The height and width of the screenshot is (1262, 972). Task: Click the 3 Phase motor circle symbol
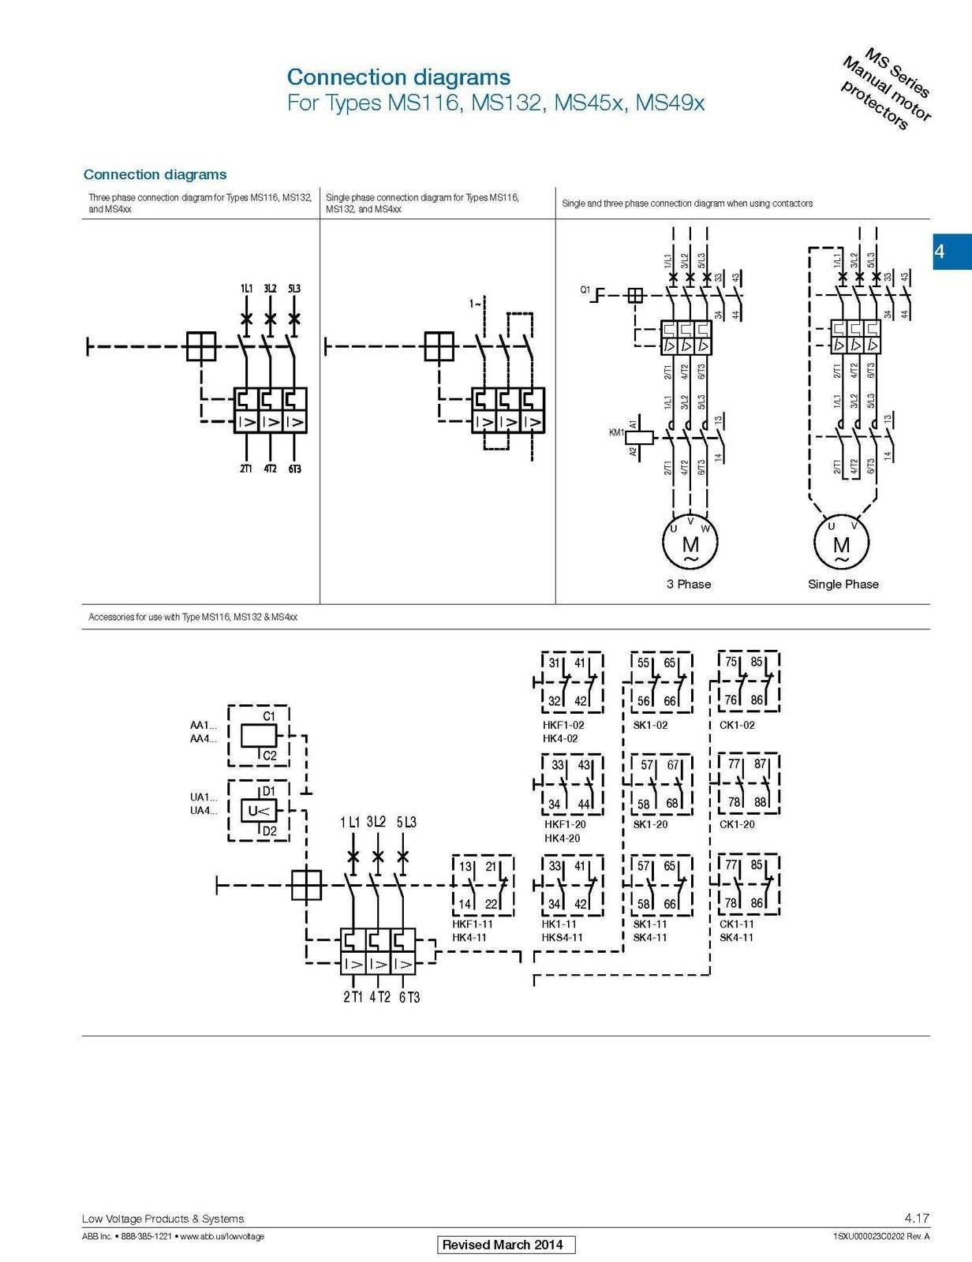tap(690, 543)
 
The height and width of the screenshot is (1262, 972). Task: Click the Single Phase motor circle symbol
tap(842, 543)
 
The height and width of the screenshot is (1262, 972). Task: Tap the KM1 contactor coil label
tap(616, 432)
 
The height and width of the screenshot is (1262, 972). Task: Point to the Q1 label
tap(585, 290)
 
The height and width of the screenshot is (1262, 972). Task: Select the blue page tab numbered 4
tap(951, 252)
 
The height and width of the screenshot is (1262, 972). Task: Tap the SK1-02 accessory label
tap(650, 725)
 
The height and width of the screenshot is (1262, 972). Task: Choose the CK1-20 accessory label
tap(737, 824)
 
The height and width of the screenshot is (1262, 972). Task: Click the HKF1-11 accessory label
tap(473, 924)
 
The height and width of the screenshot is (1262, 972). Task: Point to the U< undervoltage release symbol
tap(258, 811)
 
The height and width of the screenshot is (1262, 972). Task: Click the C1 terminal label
tap(269, 716)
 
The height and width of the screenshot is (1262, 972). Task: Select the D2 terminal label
tap(269, 831)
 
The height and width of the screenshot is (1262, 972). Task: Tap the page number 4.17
tap(916, 1219)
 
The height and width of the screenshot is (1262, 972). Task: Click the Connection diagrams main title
tap(398, 77)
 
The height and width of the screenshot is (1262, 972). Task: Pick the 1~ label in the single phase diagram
tap(475, 304)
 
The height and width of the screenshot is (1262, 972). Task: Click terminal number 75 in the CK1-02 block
tap(731, 663)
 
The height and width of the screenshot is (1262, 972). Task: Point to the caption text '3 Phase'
tap(689, 584)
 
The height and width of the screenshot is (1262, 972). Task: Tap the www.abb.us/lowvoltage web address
tap(222, 1237)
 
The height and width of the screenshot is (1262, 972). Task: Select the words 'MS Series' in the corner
tap(898, 73)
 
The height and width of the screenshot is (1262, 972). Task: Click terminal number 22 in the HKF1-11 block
tap(491, 905)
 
